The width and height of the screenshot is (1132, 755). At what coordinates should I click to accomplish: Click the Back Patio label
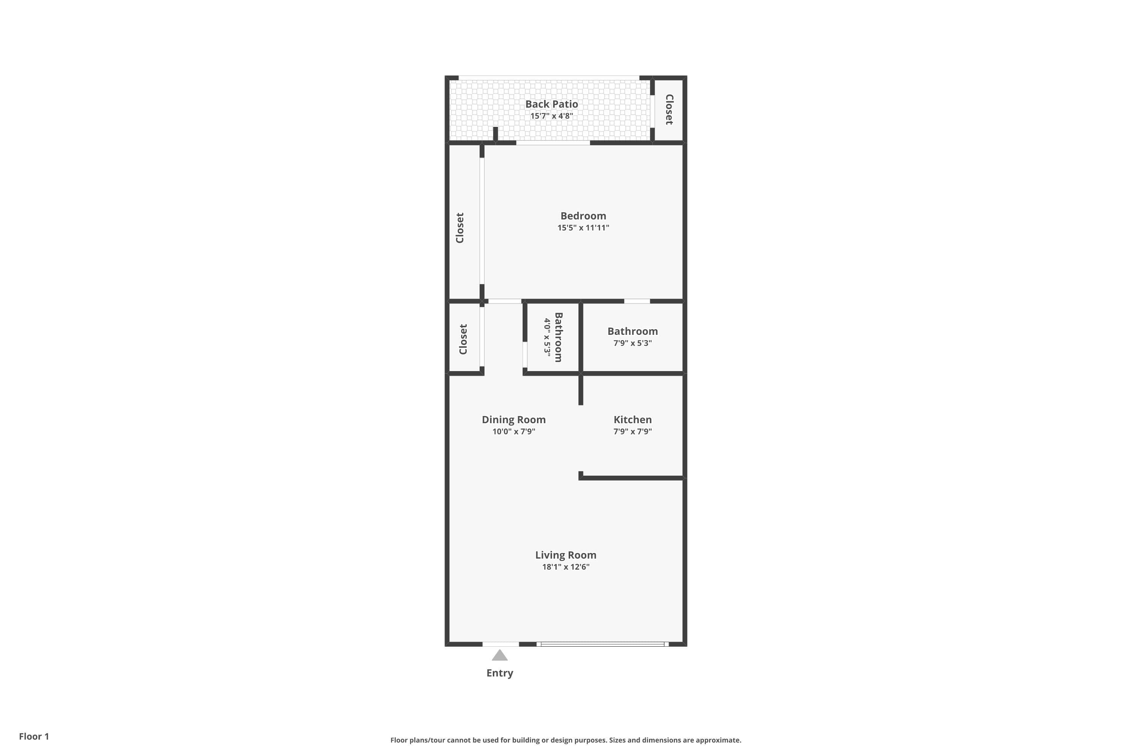552,104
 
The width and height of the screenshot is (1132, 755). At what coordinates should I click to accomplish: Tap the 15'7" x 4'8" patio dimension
552,116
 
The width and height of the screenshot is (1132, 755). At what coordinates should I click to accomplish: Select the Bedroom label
583,216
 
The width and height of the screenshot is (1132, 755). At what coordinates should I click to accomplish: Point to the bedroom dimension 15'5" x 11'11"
583,228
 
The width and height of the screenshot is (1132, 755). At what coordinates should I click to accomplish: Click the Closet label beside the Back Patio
669,110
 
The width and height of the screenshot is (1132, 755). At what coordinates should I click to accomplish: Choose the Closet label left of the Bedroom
460,228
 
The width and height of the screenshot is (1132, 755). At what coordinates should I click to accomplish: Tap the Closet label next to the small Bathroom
463,339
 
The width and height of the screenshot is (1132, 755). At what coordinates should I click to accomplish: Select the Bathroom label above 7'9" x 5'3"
632,331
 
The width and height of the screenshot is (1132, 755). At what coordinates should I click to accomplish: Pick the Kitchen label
632,419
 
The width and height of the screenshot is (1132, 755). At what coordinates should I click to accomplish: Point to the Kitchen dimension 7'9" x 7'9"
632,431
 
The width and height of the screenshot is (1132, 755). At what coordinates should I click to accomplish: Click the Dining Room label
514,419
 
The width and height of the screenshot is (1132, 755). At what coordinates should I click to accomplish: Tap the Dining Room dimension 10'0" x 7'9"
514,431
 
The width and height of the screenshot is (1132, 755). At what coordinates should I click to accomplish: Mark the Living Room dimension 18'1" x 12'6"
566,567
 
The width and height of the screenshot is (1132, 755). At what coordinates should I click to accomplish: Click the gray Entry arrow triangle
500,655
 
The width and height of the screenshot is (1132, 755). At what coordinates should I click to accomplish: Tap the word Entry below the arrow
500,673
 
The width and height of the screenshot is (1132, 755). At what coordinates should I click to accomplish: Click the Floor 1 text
34,736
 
